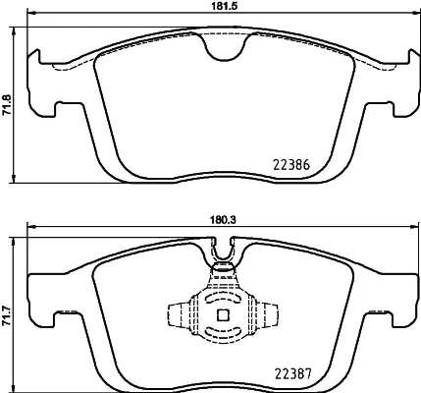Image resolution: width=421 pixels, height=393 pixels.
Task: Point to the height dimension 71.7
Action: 9,316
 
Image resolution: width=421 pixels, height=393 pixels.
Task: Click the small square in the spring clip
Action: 222,315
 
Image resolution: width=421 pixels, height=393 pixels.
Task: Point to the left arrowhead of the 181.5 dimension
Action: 29,16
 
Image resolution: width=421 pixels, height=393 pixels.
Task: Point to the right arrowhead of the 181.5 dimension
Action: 411,16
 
